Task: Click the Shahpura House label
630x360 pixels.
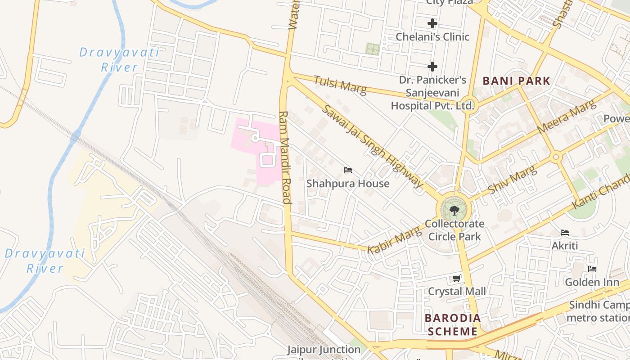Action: (348, 184)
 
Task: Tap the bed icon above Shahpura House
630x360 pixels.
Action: (348, 170)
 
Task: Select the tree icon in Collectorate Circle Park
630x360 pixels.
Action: (454, 210)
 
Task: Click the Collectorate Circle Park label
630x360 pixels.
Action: (454, 230)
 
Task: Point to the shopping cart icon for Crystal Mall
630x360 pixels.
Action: (457, 279)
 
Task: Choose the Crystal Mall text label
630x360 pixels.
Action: (457, 291)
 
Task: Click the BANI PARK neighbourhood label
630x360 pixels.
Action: (516, 81)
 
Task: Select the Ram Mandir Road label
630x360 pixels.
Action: (285, 157)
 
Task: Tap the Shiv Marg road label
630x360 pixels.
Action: (513, 180)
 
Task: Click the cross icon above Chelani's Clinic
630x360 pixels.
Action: (432, 23)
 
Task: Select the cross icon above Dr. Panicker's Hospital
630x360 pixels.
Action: (432, 67)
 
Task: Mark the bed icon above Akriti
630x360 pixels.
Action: (565, 233)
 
